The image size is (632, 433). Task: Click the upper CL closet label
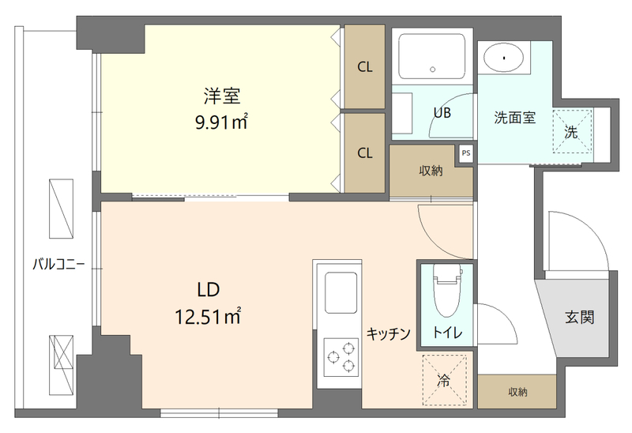tap(364, 67)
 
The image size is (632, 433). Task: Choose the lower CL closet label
tap(364, 153)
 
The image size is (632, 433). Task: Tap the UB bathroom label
tap(442, 112)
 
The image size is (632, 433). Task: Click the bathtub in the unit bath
tap(432, 57)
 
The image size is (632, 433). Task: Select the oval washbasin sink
tap(503, 57)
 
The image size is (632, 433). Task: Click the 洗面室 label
tap(514, 119)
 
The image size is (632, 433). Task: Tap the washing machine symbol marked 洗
tap(571, 132)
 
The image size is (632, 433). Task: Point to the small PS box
tap(466, 153)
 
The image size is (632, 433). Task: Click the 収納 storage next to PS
tap(431, 171)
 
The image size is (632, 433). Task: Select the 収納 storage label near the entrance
tap(517, 392)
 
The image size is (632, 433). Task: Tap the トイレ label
tap(446, 332)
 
